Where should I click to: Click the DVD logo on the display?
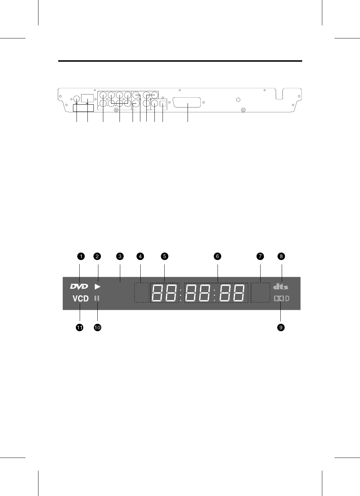[x=79, y=287]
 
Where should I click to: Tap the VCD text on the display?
[x=81, y=299]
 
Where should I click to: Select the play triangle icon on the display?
[x=98, y=287]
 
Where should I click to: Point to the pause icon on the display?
[x=97, y=298]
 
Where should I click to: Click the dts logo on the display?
[x=281, y=287]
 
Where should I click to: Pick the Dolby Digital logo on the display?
[x=282, y=299]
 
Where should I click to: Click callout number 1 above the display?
[x=81, y=257]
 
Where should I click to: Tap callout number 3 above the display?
[x=120, y=257]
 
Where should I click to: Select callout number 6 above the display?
[x=218, y=257]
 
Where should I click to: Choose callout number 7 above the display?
[x=260, y=257]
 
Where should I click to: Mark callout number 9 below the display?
[x=281, y=327]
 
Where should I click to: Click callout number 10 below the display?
[x=97, y=327]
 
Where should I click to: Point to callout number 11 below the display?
[x=80, y=327]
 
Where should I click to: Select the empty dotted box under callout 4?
[x=142, y=292]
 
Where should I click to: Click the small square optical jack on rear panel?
[x=163, y=104]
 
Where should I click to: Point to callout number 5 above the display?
[x=164, y=257]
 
